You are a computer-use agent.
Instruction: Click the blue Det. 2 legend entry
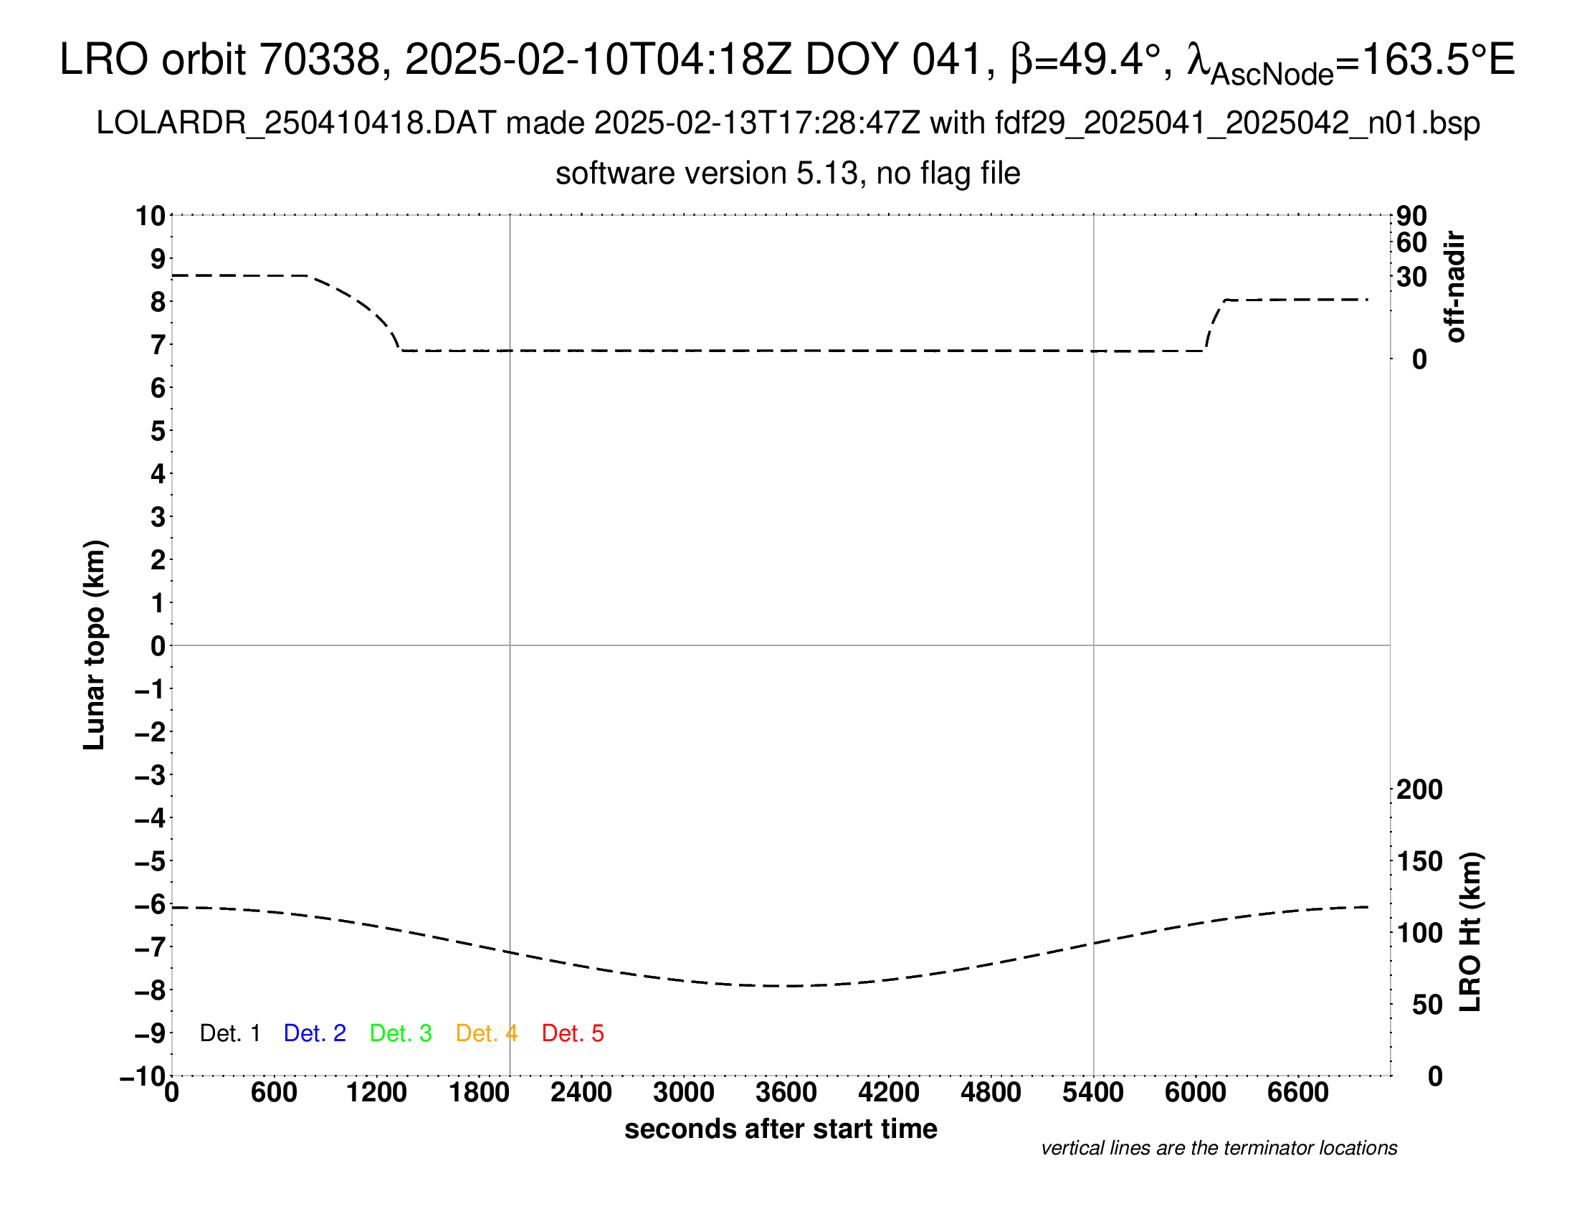click(x=315, y=1033)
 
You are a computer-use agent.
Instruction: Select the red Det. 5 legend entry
click(x=573, y=1033)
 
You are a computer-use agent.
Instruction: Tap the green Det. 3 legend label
click(x=401, y=1033)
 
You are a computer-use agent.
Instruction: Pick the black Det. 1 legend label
click(x=229, y=1033)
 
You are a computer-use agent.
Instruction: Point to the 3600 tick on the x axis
click(x=786, y=1093)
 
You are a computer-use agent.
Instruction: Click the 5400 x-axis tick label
click(x=1093, y=1093)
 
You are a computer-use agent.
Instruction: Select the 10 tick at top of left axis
click(x=151, y=216)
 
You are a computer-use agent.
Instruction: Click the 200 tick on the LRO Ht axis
click(x=1419, y=789)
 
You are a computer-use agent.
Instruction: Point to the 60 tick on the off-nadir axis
click(x=1411, y=242)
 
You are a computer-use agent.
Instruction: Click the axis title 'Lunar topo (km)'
click(x=95, y=645)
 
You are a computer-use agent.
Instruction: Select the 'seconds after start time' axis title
click(x=781, y=1129)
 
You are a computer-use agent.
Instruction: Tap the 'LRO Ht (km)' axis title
click(x=1470, y=932)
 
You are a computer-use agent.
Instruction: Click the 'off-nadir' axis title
click(x=1456, y=287)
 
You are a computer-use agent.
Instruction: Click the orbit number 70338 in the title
click(x=319, y=60)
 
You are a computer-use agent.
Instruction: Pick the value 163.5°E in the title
click(x=1437, y=60)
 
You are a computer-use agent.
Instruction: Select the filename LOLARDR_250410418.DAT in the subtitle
click(x=296, y=123)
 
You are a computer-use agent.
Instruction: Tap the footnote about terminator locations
click(x=1219, y=1148)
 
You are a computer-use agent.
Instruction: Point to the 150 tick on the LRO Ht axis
click(x=1419, y=860)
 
